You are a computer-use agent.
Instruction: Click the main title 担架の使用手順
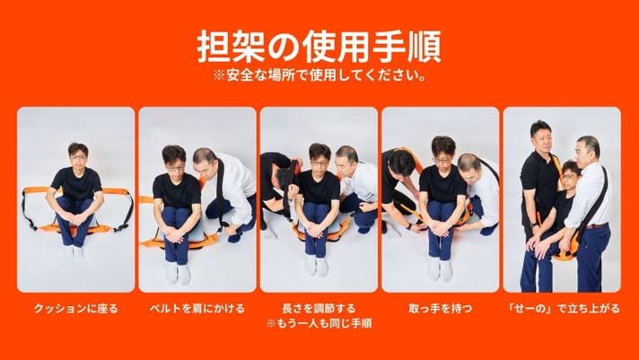tap(319, 46)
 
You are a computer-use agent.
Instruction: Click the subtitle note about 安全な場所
tap(319, 75)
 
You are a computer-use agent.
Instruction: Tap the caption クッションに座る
tap(75, 308)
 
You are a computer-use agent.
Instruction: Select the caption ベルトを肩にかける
tap(197, 308)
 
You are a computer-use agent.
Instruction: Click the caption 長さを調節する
tap(319, 308)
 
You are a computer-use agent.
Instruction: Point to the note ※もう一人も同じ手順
tap(319, 324)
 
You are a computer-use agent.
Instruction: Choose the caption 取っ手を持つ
tap(440, 308)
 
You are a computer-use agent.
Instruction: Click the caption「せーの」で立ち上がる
tap(562, 308)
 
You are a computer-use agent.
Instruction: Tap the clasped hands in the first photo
tap(76, 221)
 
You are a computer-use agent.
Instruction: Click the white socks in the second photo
tap(178, 272)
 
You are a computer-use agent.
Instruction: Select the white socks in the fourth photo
tap(440, 269)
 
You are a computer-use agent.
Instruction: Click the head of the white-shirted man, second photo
tap(204, 161)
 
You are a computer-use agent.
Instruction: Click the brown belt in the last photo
tap(596, 225)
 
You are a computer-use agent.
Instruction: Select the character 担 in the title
tap(214, 46)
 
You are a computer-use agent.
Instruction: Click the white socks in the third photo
tap(316, 266)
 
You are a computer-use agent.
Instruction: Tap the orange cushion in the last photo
tap(568, 253)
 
